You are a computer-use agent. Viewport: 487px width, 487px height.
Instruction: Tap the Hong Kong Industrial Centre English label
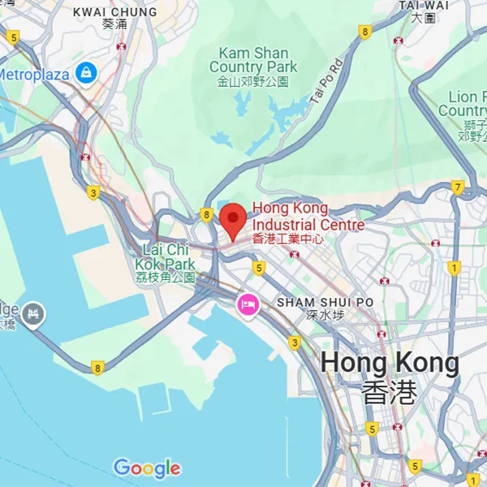308,216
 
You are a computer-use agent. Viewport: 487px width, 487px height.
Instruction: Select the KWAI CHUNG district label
114,11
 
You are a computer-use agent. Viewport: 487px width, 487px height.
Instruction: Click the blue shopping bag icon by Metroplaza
85,74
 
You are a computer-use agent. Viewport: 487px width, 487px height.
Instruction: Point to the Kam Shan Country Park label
253,60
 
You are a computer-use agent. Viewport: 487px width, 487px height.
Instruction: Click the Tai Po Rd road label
326,80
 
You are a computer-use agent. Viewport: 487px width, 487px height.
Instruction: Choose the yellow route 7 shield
458,187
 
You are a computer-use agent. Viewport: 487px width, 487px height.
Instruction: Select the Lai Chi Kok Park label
168,256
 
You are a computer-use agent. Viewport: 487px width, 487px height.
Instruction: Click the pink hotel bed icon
248,305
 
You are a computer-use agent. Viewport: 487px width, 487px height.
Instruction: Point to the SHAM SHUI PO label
325,302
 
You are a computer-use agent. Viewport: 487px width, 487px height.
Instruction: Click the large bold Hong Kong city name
390,363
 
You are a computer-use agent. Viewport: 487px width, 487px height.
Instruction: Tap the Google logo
147,468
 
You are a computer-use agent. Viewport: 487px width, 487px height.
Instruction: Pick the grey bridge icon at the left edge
34,312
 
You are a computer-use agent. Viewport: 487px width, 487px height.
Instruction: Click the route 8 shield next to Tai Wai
365,32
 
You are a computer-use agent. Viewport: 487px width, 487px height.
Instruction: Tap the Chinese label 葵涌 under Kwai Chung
114,24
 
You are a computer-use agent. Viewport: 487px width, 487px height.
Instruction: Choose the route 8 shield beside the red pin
207,215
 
